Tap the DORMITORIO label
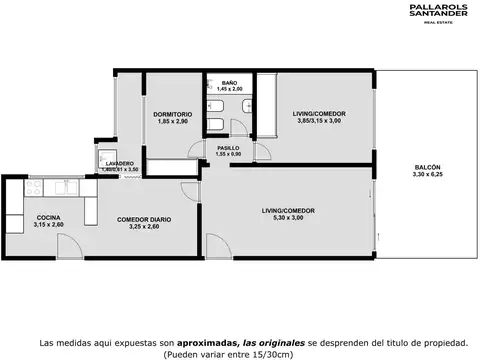173,114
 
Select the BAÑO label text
229,83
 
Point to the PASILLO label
228,147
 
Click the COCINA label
48,218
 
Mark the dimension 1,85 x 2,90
173,122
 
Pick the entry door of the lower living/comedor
216,245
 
